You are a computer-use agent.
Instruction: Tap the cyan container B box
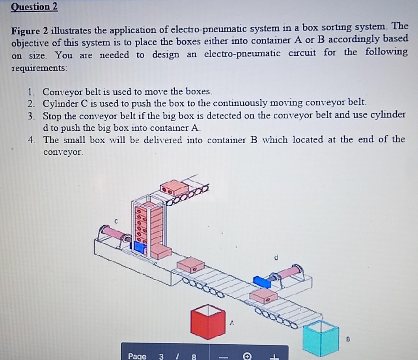click(321, 337)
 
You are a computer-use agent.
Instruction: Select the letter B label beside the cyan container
click(348, 338)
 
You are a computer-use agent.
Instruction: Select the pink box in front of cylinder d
click(263, 296)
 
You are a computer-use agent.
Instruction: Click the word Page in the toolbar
click(137, 356)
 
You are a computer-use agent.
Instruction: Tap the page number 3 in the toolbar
click(161, 356)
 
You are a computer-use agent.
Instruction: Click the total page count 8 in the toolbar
click(193, 356)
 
